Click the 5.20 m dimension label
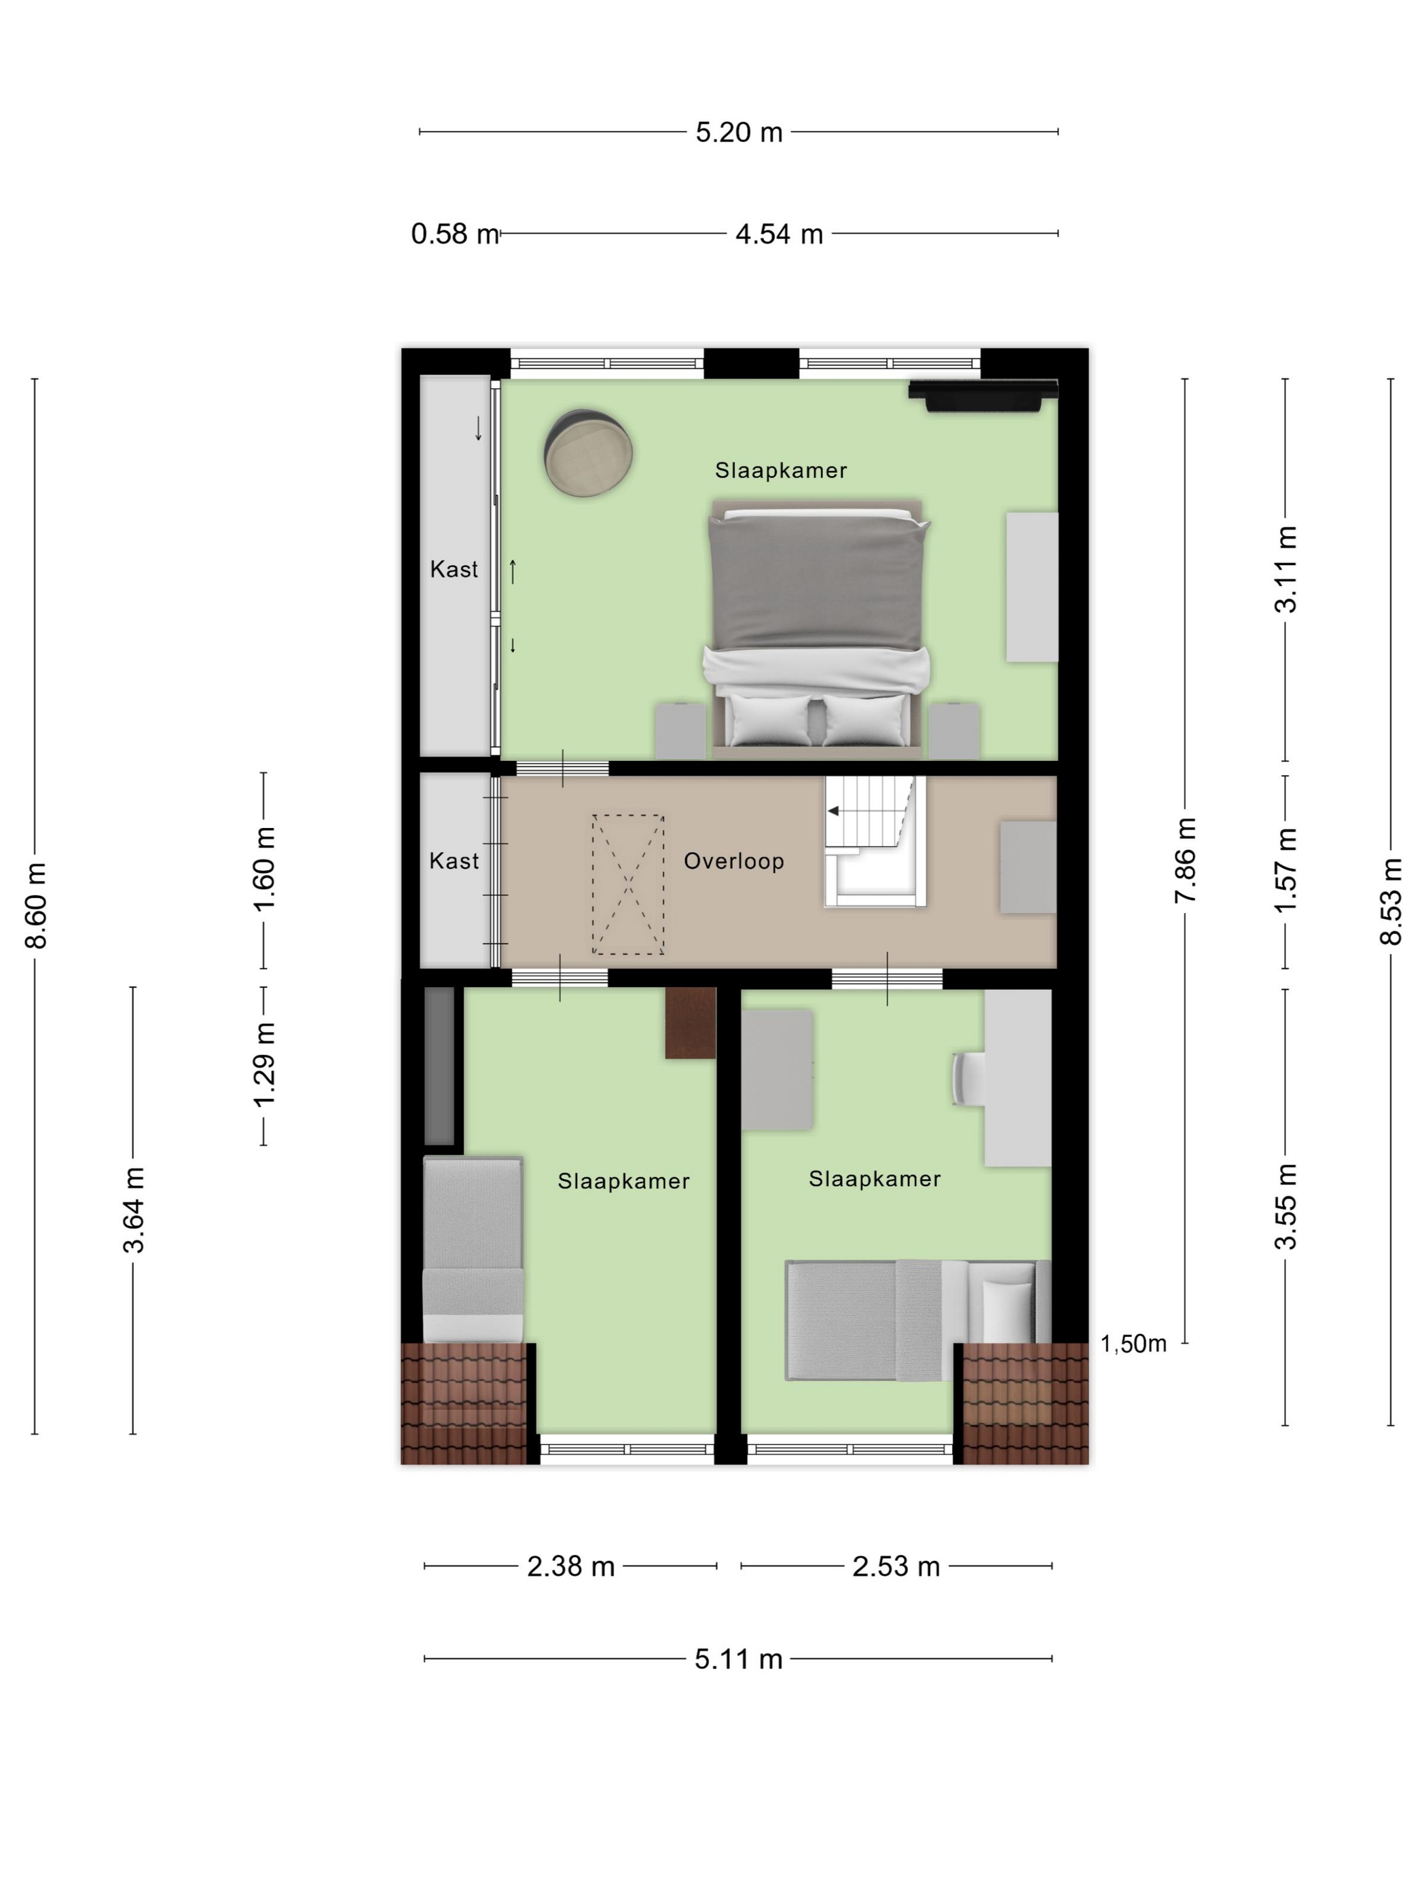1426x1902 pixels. [738, 132]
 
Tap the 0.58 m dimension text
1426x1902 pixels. [455, 234]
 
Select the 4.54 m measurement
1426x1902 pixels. [779, 234]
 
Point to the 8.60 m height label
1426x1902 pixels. [36, 905]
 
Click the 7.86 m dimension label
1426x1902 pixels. [1186, 860]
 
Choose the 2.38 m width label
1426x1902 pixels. [571, 1566]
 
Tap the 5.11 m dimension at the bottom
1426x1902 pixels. [738, 1659]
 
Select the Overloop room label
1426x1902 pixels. [733, 861]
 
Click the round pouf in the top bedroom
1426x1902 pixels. [588, 452]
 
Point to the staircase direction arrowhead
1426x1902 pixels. [832, 811]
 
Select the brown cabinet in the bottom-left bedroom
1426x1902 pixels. [690, 1022]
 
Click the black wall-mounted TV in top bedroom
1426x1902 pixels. [983, 395]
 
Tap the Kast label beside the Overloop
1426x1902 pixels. [454, 861]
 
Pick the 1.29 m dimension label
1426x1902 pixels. [264, 1064]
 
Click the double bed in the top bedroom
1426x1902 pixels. [818, 628]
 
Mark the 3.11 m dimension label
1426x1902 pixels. [1286, 569]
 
